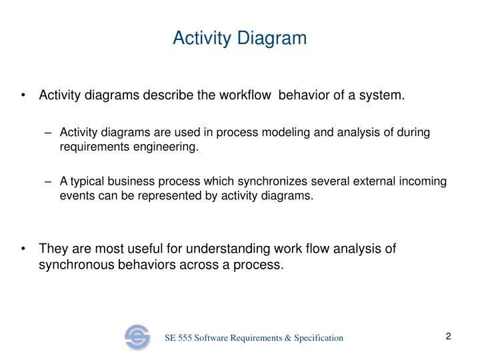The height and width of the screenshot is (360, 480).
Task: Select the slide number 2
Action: tap(449, 337)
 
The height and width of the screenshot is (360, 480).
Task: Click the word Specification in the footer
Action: tap(316, 338)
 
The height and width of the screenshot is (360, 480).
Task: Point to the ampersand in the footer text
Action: tap(283, 338)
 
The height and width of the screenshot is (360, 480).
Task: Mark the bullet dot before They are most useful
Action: tap(24, 249)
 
